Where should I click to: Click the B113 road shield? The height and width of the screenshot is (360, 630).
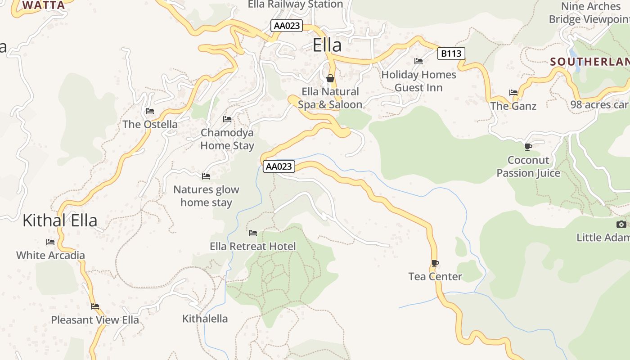[451, 54]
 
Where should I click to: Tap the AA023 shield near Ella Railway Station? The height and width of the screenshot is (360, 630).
[287, 26]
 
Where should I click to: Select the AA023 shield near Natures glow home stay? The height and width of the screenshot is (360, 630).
[279, 166]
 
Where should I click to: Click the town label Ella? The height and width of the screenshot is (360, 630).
[327, 45]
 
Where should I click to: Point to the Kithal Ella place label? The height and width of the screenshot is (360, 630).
[60, 220]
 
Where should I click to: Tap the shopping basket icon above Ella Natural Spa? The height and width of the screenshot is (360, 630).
[330, 79]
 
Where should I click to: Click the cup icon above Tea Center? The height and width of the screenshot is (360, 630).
[435, 263]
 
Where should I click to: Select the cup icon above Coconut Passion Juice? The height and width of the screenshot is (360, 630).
[528, 147]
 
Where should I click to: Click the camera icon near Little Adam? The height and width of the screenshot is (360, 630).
[621, 224]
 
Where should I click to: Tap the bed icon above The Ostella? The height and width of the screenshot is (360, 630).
[150, 111]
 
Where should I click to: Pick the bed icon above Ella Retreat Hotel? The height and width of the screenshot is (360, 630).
[253, 233]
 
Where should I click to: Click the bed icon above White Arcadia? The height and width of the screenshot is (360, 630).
[50, 242]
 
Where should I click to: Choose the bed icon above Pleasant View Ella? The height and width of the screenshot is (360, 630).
[95, 306]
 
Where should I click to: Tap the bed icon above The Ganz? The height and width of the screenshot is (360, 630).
[513, 93]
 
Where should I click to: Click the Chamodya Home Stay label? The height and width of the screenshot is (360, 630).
[227, 139]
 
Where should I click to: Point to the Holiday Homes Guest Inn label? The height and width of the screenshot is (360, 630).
[418, 81]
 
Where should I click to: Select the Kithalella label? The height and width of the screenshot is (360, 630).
[205, 319]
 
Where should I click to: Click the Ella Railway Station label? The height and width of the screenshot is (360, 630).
[295, 4]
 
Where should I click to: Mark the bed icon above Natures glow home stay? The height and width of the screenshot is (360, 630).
[206, 176]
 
